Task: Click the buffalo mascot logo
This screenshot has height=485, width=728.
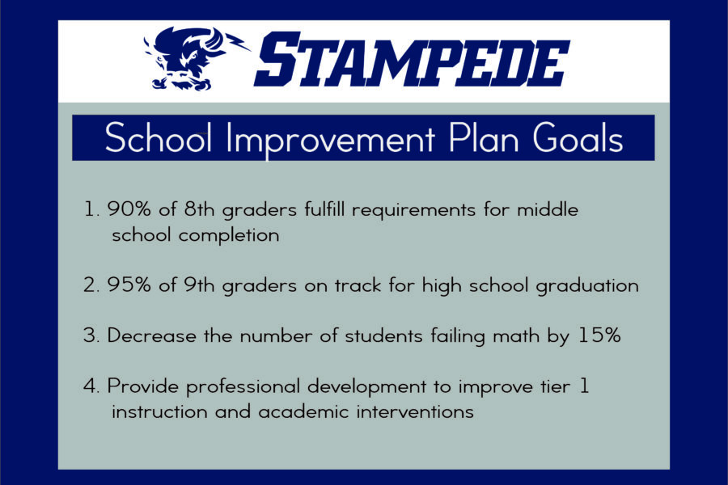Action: pos(195,58)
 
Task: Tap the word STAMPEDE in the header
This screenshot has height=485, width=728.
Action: pos(412,59)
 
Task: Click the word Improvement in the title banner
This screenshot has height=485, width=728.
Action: pos(331,139)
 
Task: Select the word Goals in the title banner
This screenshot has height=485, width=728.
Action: pos(578,137)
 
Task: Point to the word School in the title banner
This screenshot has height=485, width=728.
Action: pos(159,137)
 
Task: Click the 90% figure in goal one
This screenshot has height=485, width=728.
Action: pos(129,209)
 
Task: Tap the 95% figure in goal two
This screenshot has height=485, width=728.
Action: pos(129,285)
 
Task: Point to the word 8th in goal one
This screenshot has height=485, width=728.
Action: pos(199,209)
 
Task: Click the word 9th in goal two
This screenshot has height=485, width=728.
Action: pos(199,285)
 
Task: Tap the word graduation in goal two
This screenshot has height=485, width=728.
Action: pos(587,286)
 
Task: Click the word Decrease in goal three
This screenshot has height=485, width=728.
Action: pos(152,335)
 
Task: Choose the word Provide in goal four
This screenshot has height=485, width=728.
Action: pos(143,386)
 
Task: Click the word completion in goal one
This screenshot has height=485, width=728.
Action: pos(229,236)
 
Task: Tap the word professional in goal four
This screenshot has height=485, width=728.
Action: pos(243,387)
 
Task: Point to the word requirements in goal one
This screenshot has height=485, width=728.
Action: pos(413,211)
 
